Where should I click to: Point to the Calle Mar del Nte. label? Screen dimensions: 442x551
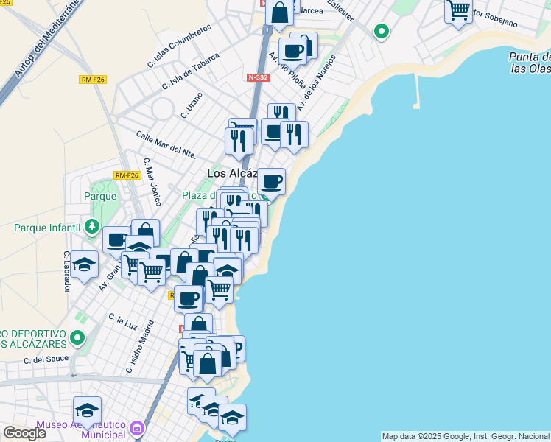pos(166,144)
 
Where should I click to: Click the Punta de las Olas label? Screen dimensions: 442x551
pos(529,62)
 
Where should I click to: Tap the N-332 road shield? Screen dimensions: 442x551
pos(257,77)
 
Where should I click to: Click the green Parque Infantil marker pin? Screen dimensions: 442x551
pos(92,225)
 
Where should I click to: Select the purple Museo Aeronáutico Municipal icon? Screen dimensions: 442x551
pos(136,428)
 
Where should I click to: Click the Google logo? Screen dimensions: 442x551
pos(24,433)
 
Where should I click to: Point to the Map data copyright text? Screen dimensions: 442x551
pos(466,436)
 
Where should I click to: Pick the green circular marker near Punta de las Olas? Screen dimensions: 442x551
pos(381,32)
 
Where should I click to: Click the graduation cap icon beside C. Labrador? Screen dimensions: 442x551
pos(85,264)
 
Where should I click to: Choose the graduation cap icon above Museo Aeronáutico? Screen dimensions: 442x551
pos(87,410)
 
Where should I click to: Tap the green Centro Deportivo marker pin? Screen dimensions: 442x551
pos(78,338)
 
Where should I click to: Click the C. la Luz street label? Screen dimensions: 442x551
pos(122,321)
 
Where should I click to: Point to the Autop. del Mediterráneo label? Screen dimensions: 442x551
pos(46,39)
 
